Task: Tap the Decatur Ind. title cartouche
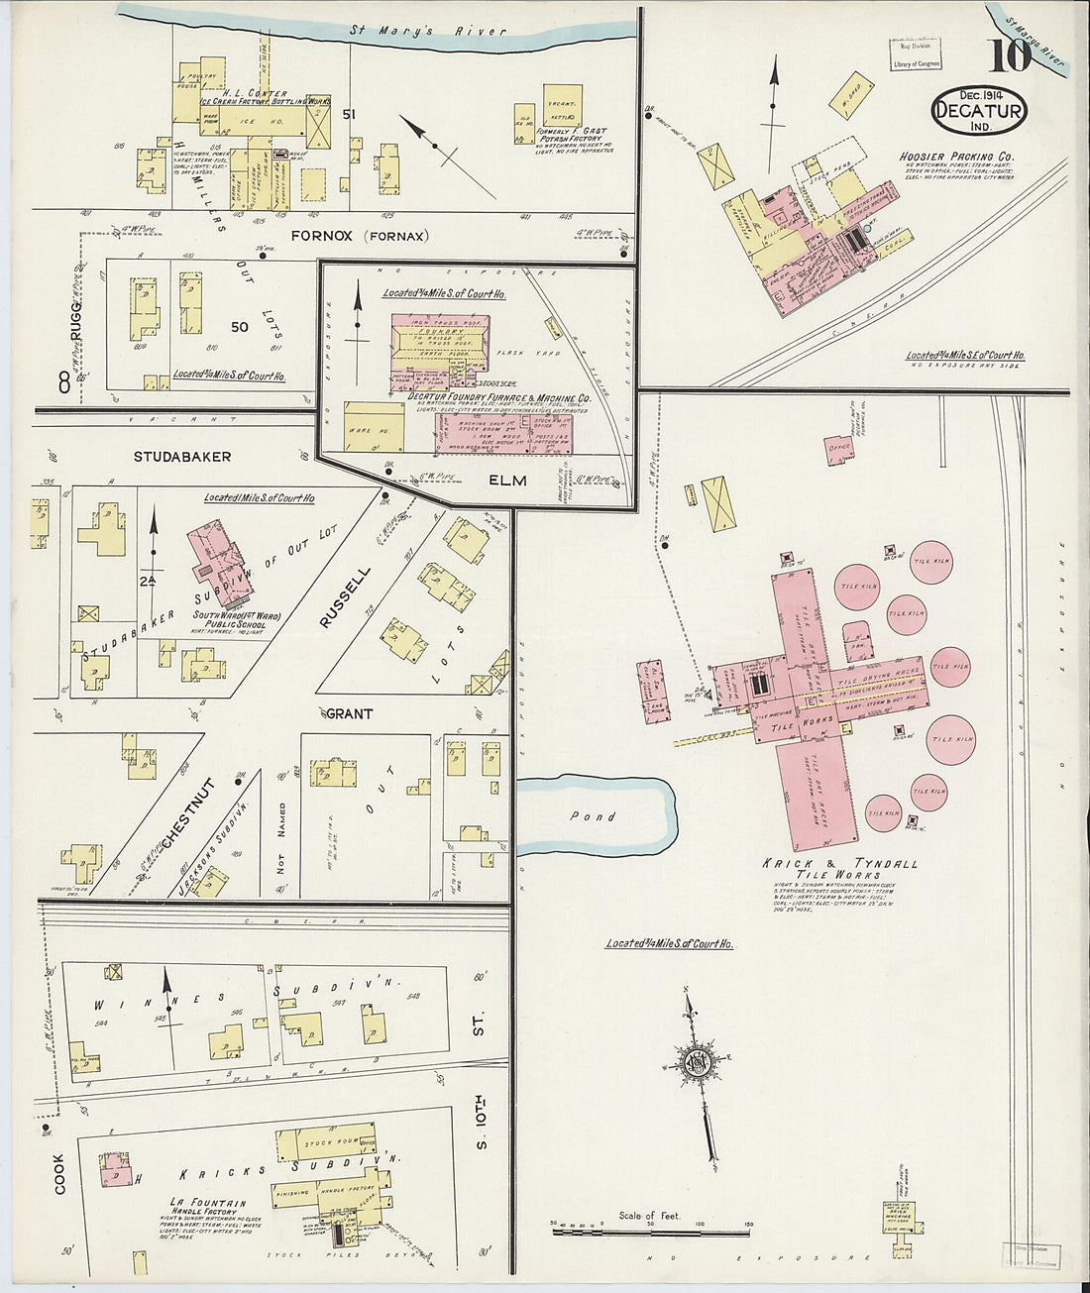pos(979,106)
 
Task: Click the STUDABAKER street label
pos(184,457)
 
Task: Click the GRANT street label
pos(349,712)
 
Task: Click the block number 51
pos(348,115)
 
